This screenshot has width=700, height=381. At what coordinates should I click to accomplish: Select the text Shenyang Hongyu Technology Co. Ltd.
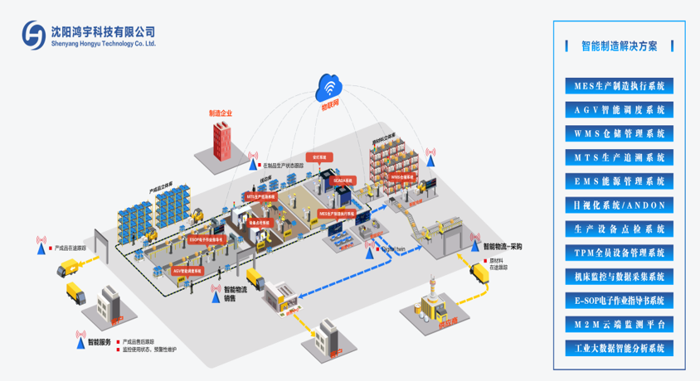point(103,43)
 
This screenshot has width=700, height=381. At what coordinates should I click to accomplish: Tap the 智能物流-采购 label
point(508,246)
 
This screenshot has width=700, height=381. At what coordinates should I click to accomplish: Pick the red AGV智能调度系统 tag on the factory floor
point(187,270)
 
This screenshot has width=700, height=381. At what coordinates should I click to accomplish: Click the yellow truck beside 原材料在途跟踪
point(481,272)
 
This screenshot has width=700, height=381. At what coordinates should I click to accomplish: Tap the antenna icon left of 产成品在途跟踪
point(41,244)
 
